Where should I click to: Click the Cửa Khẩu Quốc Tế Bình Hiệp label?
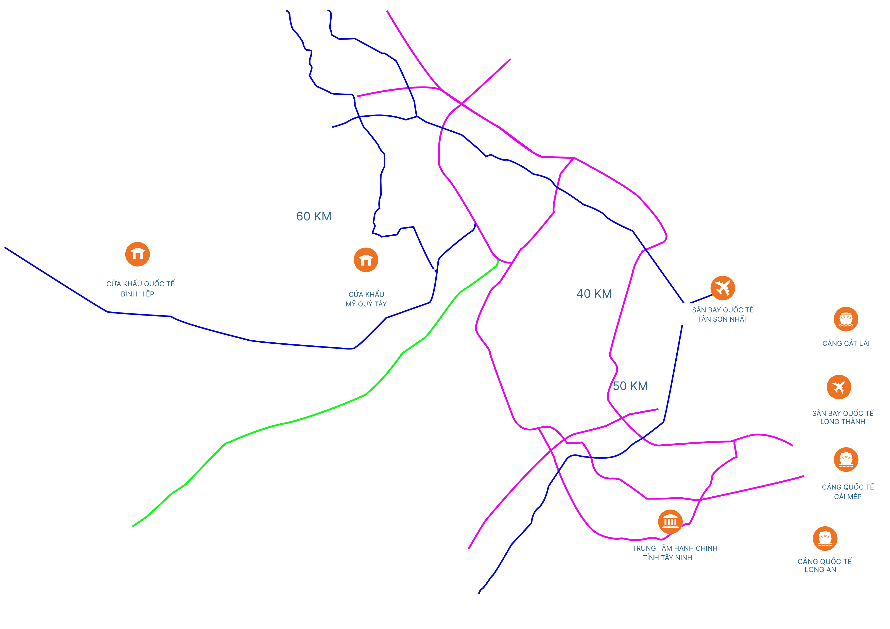pyautogui.click(x=137, y=289)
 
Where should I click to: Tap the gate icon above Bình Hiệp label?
pyautogui.click(x=137, y=254)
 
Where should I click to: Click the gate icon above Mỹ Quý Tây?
pyautogui.click(x=366, y=260)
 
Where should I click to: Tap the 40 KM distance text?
pyautogui.click(x=594, y=294)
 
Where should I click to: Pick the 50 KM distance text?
pyautogui.click(x=630, y=386)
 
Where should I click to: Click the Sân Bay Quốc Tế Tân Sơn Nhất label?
pyautogui.click(x=718, y=314)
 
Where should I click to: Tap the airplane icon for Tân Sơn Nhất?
pyautogui.click(x=723, y=288)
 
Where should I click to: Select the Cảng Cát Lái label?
pyautogui.click(x=845, y=343)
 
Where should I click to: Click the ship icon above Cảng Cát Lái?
pyautogui.click(x=846, y=319)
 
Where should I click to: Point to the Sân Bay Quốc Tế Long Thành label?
pyautogui.click(x=839, y=417)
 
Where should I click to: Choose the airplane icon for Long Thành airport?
pyautogui.click(x=839, y=387)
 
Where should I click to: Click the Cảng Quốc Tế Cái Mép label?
pyautogui.click(x=847, y=492)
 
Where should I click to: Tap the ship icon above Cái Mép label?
pyautogui.click(x=846, y=460)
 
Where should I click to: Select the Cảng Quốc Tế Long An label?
pyautogui.click(x=825, y=565)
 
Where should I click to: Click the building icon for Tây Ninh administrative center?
pyautogui.click(x=670, y=522)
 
